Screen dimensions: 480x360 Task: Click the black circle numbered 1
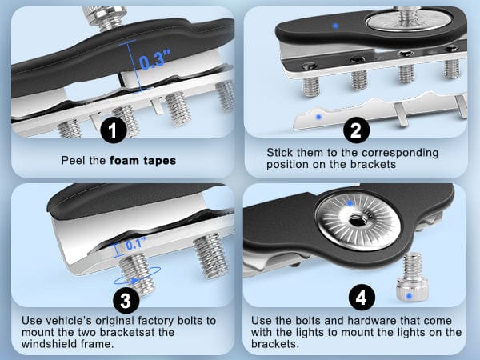(114, 130)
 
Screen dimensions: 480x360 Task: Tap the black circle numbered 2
(356, 130)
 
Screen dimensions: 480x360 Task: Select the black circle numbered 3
(126, 300)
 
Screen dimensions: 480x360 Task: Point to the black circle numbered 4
(362, 298)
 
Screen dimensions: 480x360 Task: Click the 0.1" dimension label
(136, 244)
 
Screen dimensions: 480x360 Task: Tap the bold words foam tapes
(143, 161)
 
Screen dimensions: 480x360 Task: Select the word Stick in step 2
(279, 152)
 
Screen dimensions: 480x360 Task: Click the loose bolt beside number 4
(412, 276)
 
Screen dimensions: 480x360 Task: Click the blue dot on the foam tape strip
(319, 117)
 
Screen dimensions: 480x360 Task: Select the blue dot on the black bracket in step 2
(335, 26)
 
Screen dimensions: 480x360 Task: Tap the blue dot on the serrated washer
(350, 203)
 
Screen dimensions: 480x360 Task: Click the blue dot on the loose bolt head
(409, 296)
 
